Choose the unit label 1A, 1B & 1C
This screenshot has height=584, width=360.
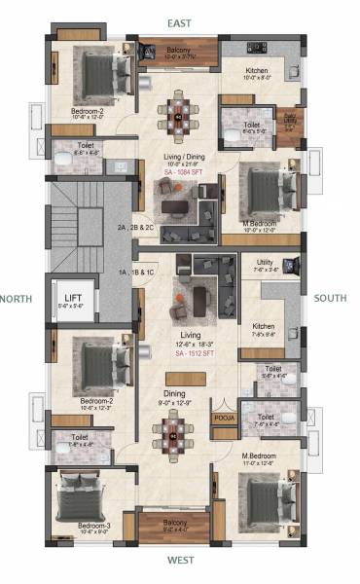[x=136, y=273]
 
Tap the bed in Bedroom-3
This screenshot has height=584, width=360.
[x=83, y=498]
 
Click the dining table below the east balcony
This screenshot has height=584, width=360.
[x=178, y=115]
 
